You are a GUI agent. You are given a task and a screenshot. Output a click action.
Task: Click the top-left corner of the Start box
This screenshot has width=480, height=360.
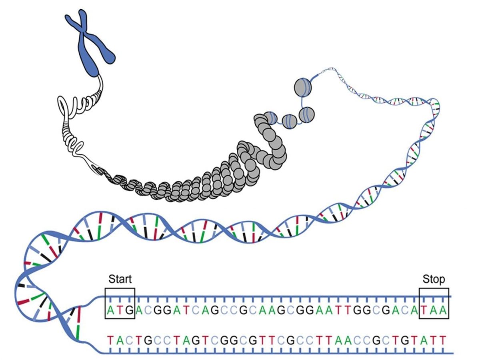pyautogui.click(x=106, y=288)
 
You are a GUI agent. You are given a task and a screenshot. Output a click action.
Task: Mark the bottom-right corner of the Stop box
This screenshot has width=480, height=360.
pyautogui.click(x=449, y=318)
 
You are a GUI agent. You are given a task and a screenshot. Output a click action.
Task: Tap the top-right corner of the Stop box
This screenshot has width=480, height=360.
pyautogui.click(x=449, y=288)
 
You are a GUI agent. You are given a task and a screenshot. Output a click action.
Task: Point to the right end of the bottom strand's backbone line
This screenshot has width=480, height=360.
pyautogui.click(x=453, y=354)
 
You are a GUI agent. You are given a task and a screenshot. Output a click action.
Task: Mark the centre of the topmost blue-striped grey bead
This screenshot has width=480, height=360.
pyautogui.click(x=302, y=87)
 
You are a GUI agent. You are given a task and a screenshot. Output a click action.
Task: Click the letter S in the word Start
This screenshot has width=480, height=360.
pyautogui.click(x=112, y=279)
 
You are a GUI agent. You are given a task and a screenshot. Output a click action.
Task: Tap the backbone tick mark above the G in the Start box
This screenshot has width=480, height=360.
pyautogui.click(x=130, y=300)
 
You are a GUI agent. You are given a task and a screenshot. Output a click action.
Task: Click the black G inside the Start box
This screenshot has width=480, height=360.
pyautogui.click(x=130, y=310)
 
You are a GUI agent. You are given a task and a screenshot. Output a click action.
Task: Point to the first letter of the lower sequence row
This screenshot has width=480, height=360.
pyautogui.click(x=111, y=340)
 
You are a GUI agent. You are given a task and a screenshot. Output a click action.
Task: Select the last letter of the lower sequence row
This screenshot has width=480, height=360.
pyautogui.click(x=443, y=340)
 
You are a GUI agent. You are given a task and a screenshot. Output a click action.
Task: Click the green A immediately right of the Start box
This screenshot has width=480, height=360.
pyautogui.click(x=139, y=310)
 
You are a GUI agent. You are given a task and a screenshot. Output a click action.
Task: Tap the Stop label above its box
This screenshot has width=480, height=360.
pyautogui.click(x=434, y=280)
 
